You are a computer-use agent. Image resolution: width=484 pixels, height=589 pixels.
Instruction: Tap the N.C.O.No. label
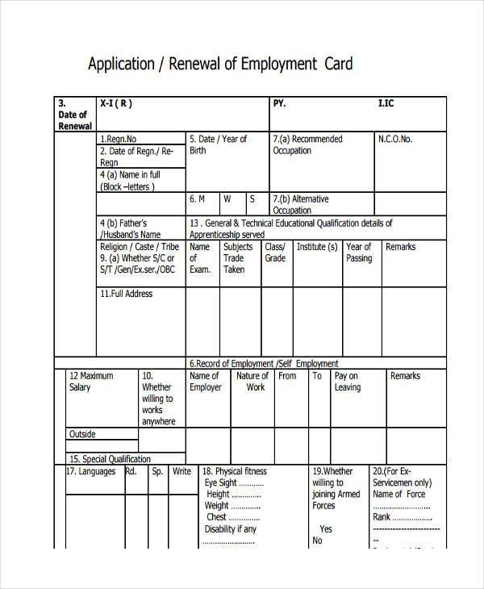click(394, 139)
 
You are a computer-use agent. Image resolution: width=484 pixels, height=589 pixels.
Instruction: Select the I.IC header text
click(387, 103)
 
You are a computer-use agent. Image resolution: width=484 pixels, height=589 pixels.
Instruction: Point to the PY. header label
click(279, 103)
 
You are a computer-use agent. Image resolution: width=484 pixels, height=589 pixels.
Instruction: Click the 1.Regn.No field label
click(118, 139)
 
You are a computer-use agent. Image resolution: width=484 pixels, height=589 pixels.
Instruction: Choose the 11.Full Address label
click(126, 294)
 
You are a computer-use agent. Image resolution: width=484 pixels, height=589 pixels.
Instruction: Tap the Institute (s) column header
click(317, 247)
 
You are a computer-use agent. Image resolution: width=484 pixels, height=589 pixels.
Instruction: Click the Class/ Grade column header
click(275, 253)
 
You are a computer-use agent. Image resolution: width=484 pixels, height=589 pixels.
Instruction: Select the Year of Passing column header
click(359, 253)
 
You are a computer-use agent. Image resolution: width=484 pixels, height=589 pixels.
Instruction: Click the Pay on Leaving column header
click(347, 382)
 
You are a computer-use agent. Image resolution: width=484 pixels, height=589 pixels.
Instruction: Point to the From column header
click(287, 376)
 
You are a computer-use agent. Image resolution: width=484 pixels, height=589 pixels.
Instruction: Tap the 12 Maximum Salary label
click(91, 382)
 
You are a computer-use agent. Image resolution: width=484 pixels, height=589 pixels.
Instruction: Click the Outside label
click(82, 434)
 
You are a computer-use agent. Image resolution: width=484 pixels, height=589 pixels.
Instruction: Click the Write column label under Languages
click(181, 471)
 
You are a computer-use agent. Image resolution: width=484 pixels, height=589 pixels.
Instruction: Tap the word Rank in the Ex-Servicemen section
click(382, 517)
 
